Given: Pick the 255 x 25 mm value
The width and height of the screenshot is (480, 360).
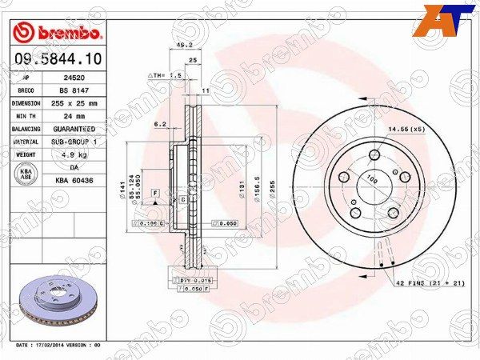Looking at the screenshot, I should pos(79,103).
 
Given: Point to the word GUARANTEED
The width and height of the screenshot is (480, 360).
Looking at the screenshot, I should pos(79,129).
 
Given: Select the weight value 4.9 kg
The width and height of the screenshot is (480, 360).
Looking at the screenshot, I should pos(79,154).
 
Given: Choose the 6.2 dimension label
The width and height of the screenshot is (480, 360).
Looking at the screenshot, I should pos(159,124).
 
